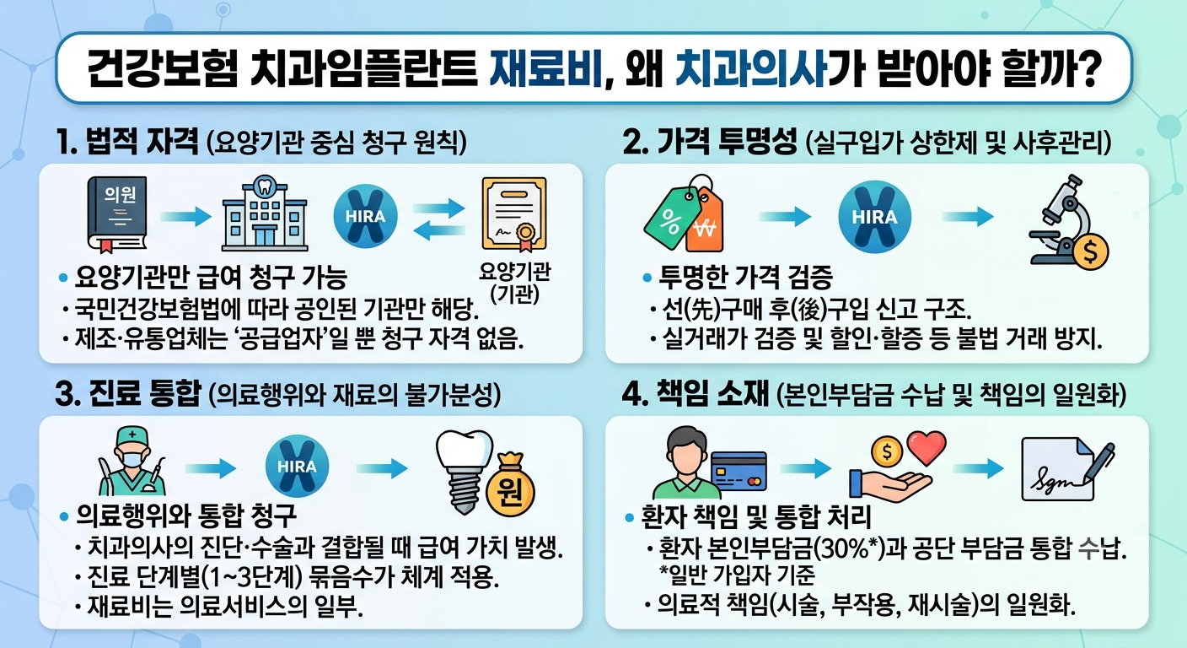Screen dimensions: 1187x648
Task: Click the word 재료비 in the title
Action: (546, 68)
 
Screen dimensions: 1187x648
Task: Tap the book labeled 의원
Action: (117, 214)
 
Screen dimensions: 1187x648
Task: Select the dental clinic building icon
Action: (265, 213)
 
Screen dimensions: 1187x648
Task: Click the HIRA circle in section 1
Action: (365, 216)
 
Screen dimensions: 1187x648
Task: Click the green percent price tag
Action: (671, 219)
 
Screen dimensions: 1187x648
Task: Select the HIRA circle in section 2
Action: (874, 216)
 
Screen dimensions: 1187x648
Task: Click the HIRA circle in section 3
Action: (297, 466)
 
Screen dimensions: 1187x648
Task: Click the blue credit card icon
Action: (739, 470)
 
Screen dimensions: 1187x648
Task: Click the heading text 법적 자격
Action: (142, 142)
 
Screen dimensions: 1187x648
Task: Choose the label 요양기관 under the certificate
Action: (514, 272)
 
